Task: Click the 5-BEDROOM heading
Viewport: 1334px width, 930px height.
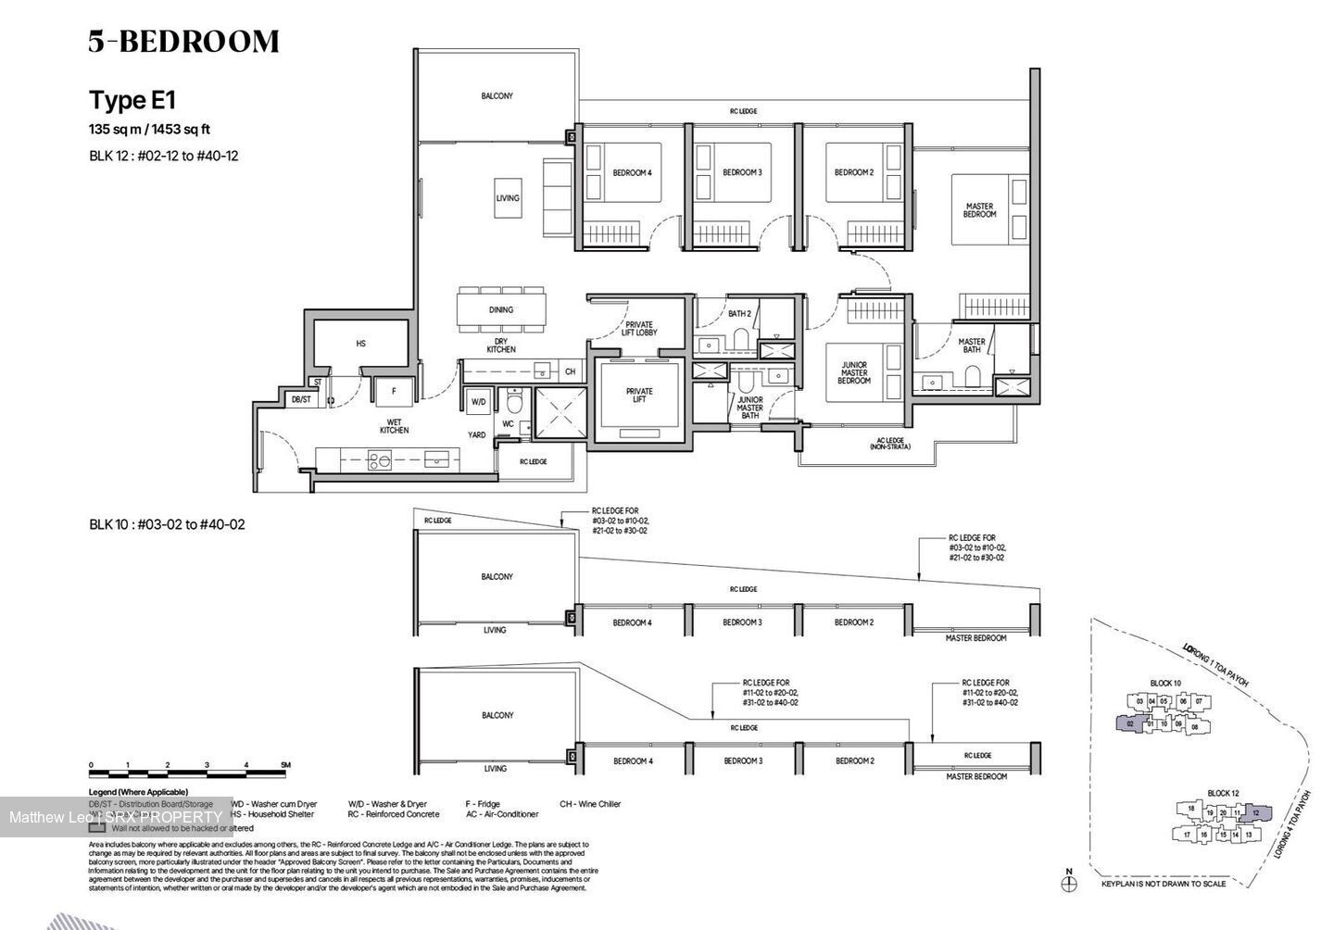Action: tap(183, 42)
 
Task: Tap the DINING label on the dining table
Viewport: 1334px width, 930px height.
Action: tap(501, 310)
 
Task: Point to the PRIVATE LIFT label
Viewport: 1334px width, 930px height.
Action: tap(639, 396)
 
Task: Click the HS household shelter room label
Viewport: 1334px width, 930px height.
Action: tap(361, 344)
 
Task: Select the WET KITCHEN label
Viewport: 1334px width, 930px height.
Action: tap(394, 426)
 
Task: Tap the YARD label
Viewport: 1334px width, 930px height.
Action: tap(476, 434)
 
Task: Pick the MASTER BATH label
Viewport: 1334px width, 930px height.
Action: tap(972, 346)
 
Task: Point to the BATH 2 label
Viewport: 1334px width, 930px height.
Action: tap(739, 314)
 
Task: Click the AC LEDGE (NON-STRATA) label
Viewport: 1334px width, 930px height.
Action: tap(889, 444)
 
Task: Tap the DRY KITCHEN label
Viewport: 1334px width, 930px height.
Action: tap(501, 345)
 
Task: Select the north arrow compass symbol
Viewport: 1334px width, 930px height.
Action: tap(1069, 883)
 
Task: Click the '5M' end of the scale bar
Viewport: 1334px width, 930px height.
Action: tap(285, 765)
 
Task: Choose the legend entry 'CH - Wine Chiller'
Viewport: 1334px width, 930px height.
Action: tap(590, 804)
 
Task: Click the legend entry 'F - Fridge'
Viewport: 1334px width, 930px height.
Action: tap(483, 804)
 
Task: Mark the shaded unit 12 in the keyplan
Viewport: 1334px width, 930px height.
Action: tap(1255, 813)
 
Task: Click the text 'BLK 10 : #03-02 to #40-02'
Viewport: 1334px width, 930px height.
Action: tap(167, 524)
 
